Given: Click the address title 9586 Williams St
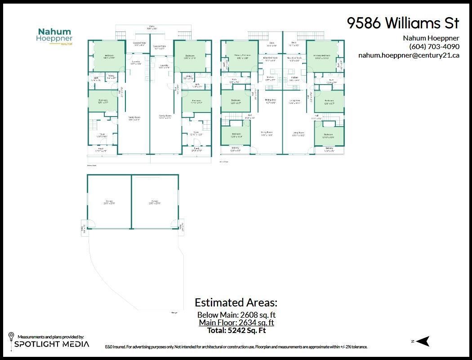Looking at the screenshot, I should (403, 23).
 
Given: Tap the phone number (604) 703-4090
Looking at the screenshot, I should (434, 46).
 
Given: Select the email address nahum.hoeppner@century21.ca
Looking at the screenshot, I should (409, 55).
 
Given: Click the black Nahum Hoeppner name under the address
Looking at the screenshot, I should (431, 38).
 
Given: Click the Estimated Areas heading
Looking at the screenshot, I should (236, 302).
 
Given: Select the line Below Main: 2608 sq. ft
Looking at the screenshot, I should (236, 315).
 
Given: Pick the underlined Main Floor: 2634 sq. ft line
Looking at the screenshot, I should (236, 323).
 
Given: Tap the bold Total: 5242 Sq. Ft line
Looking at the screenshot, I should (236, 330).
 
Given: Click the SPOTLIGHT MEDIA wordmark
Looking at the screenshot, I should (52, 344).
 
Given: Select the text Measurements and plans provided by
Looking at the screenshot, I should (50, 337).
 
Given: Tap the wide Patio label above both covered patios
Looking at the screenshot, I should (152, 28).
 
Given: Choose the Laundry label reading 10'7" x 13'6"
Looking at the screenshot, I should (136, 63).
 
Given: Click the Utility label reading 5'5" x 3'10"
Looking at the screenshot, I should (189, 77).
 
